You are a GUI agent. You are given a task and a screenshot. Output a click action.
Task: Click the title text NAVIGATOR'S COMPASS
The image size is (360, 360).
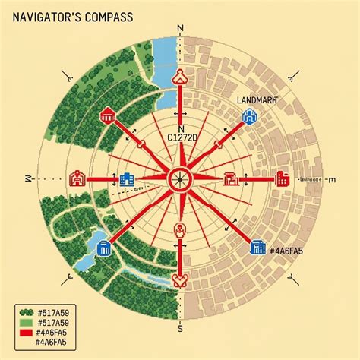tap(66, 16)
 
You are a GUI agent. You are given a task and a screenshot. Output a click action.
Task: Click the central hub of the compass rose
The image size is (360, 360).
tap(180, 179)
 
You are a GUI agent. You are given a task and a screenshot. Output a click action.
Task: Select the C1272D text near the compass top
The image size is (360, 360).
tap(181, 138)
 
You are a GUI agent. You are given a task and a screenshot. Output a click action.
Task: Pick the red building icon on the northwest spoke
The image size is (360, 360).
tap(107, 115)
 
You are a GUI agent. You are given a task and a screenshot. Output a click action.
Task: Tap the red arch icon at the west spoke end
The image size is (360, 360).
tap(76, 179)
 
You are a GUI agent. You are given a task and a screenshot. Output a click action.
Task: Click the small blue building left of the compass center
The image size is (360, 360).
tap(127, 179)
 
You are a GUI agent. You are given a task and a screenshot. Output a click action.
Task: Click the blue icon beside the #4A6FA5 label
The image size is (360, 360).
tap(255, 247)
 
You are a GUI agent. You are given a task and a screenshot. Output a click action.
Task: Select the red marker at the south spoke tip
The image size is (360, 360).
tap(180, 279)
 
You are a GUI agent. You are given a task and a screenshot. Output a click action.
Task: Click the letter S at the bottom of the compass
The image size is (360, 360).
tap(180, 329)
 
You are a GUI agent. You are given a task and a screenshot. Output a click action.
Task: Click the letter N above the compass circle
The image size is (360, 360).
tap(180, 28)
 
